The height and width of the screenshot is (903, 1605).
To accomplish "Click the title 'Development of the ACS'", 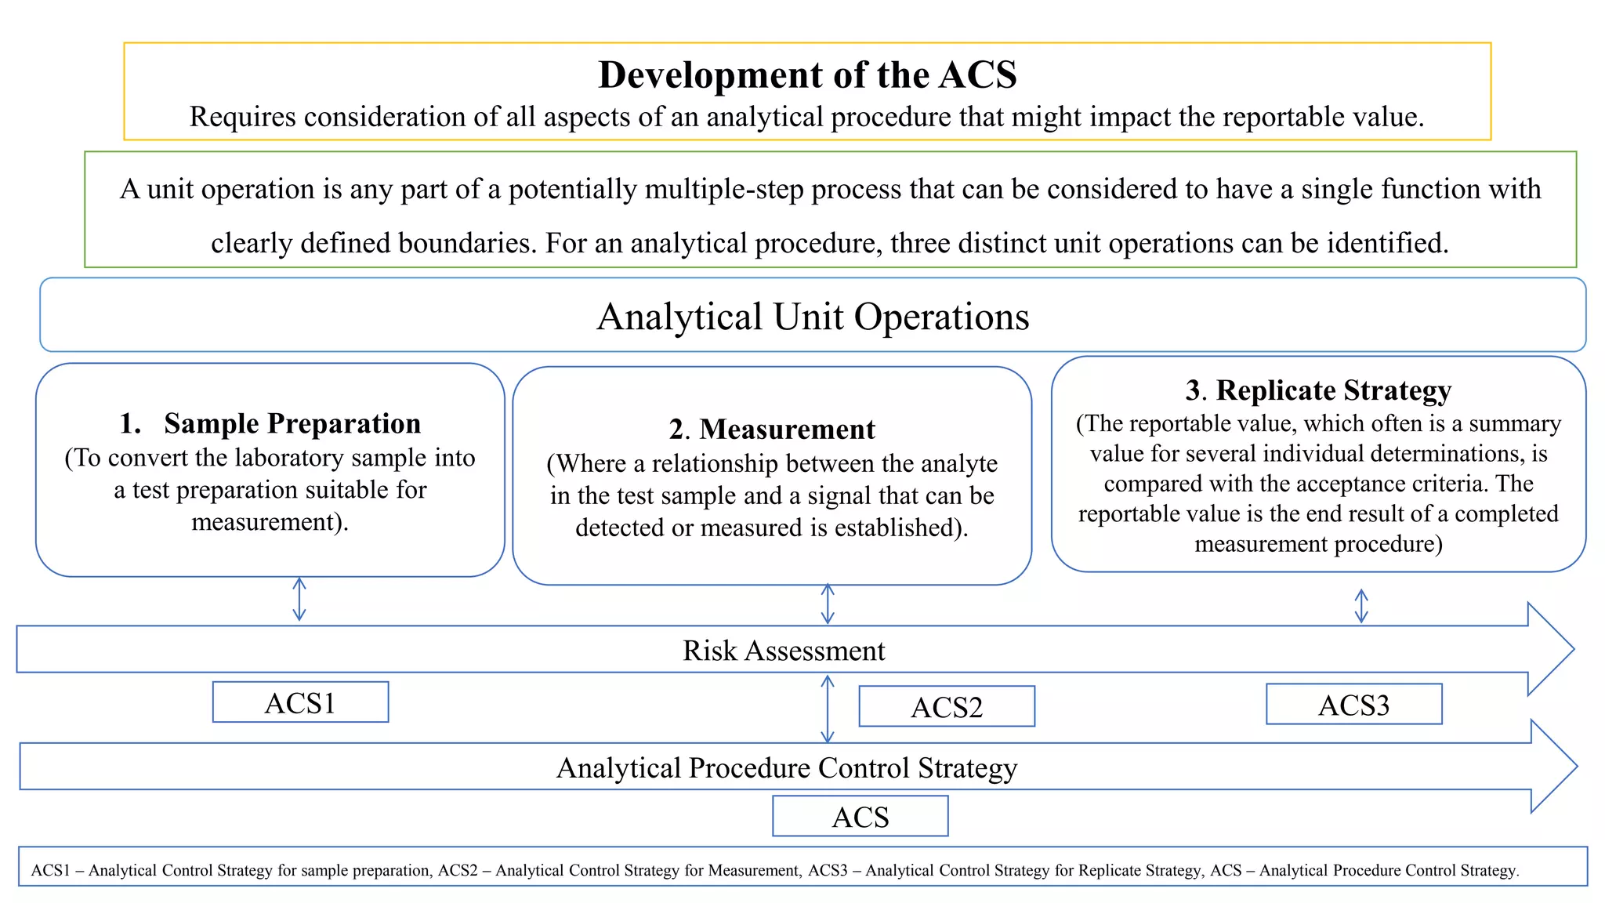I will click(807, 75).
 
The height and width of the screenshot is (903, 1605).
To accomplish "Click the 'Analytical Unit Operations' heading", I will click(813, 317).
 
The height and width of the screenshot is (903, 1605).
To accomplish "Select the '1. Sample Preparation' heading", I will click(270, 423).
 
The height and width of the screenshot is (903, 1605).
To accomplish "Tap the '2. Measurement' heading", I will click(772, 430).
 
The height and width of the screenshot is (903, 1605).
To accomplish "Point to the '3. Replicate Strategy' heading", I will click(1318, 390).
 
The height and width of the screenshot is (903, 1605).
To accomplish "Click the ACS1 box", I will click(300, 702).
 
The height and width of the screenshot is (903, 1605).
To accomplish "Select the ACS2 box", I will click(947, 707).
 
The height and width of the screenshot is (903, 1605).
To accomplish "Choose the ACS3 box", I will click(1353, 705).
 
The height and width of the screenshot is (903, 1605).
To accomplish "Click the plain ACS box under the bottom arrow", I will click(860, 817).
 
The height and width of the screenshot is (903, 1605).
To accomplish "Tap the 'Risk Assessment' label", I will click(784, 651).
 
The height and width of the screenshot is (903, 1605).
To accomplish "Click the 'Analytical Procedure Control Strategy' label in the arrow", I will click(787, 767).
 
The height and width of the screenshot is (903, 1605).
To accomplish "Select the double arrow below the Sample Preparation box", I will click(299, 600).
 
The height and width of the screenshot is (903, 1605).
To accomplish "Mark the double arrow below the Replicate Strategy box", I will click(1361, 606).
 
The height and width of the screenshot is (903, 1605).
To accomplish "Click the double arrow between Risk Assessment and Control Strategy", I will click(827, 709).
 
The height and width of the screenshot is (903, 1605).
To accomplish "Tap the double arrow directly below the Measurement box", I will click(828, 604).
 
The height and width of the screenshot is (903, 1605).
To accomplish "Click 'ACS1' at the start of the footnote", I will click(50, 870).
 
